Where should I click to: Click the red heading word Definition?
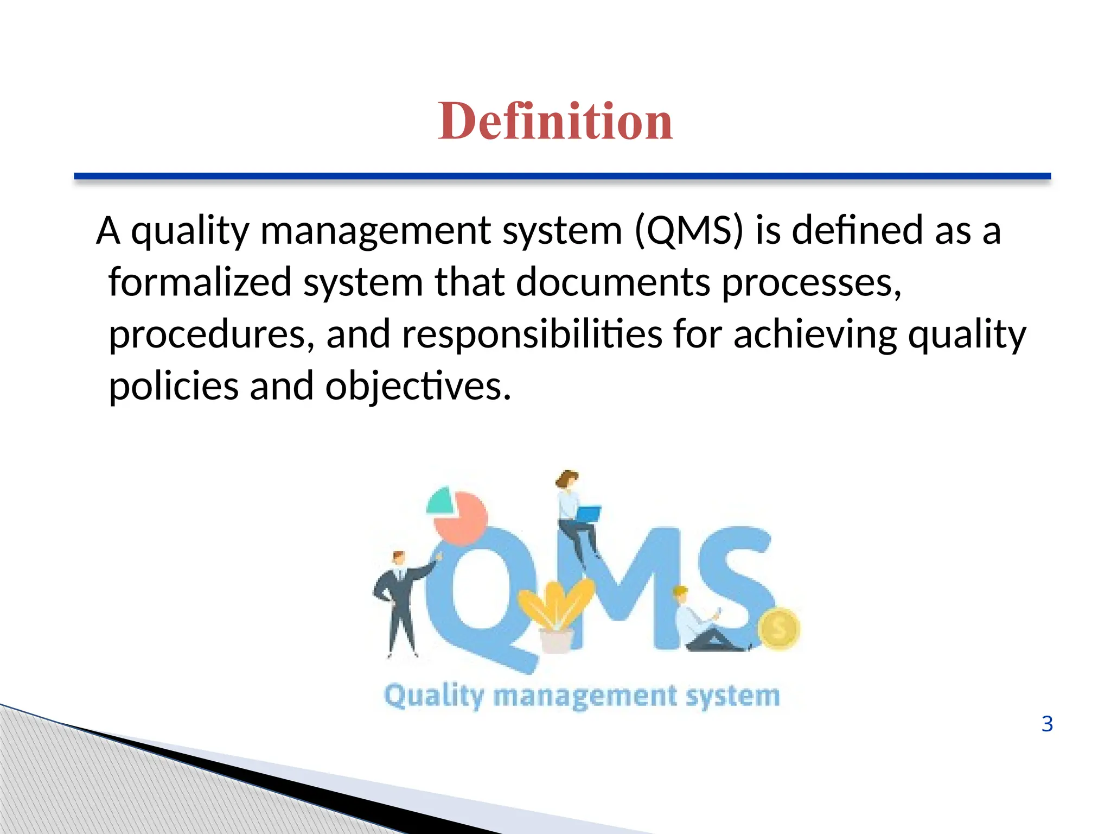click(555, 122)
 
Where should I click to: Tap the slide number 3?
click(1047, 724)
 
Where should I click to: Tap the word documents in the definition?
click(613, 282)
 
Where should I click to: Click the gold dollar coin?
click(778, 629)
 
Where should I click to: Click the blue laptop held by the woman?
click(588, 513)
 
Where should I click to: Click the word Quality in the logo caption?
click(433, 696)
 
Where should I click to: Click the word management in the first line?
click(375, 231)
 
